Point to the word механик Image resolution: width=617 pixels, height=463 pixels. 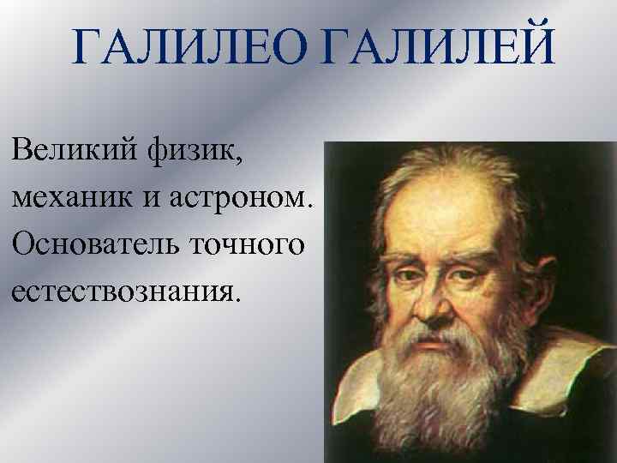coord(71,200)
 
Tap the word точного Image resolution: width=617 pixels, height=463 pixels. coord(254,245)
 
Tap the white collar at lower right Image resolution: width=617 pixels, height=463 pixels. coord(548,377)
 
